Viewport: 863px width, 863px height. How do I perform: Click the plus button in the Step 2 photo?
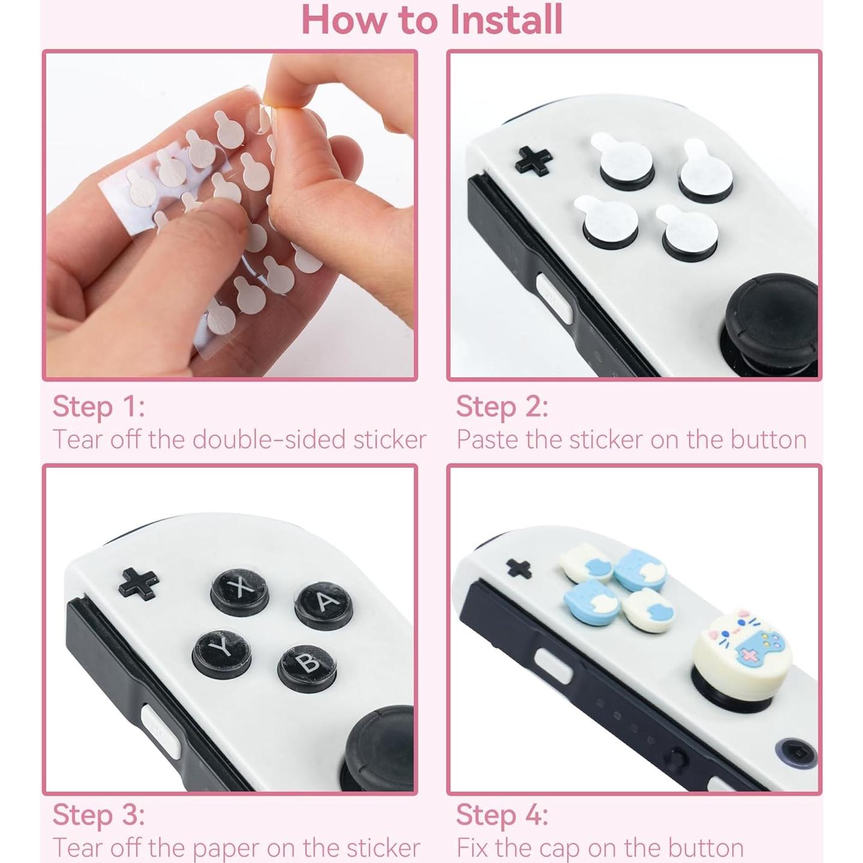click(x=534, y=160)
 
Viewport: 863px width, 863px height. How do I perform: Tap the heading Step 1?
click(x=98, y=407)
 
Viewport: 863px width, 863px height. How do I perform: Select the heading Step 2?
click(x=502, y=407)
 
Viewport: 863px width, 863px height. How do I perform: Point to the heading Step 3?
click(x=98, y=815)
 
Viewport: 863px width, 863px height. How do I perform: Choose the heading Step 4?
click(x=502, y=815)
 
